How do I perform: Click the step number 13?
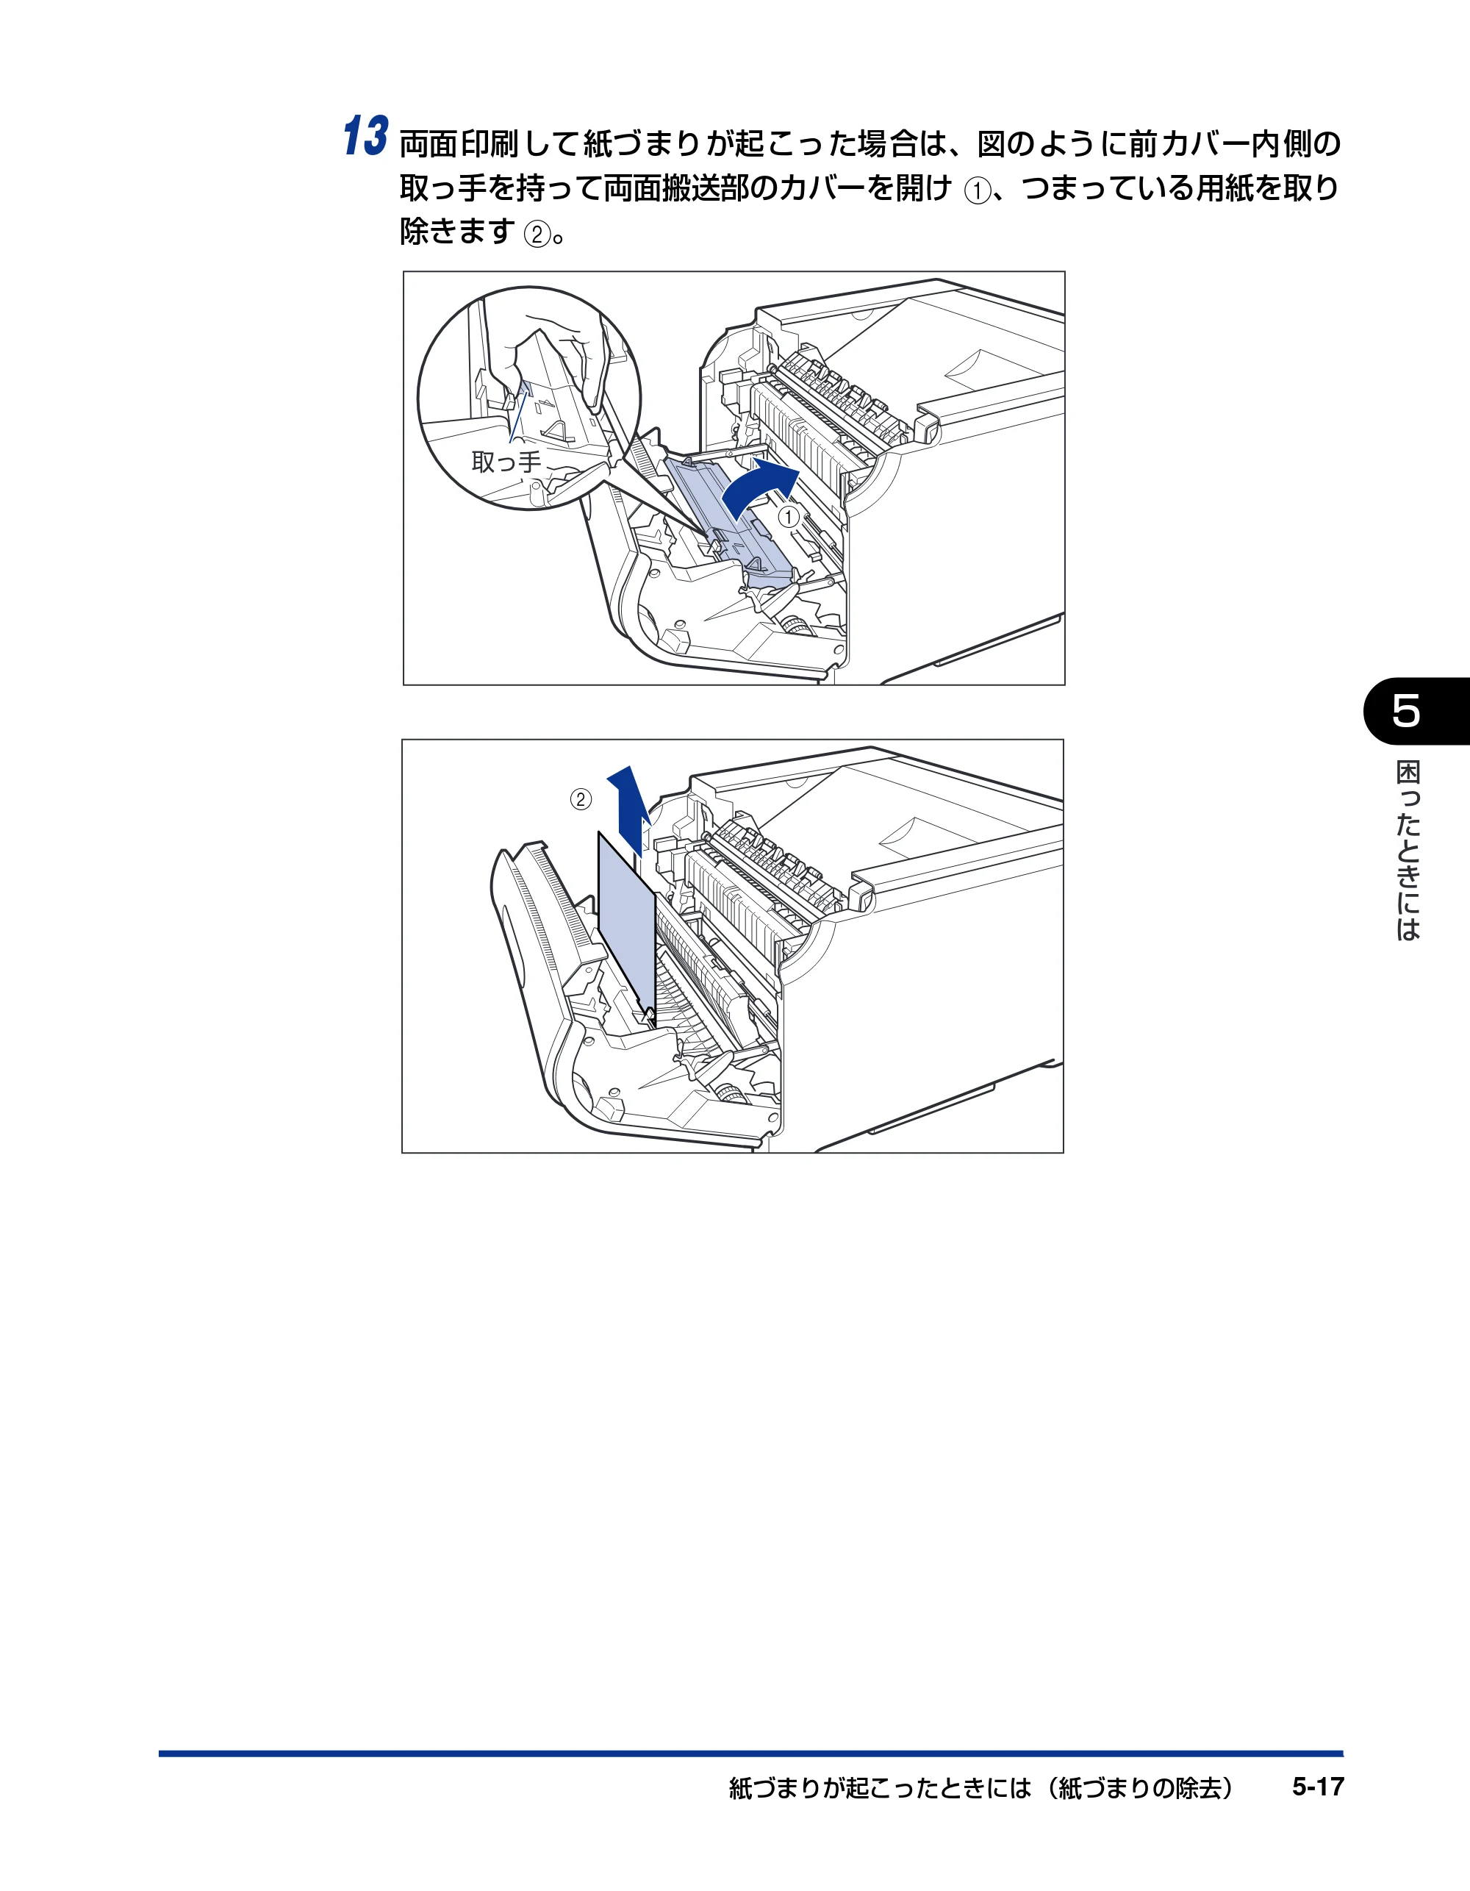coord(365,137)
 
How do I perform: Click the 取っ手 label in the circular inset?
coord(506,462)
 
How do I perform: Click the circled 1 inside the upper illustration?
coord(789,517)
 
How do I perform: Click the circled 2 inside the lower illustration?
coord(581,799)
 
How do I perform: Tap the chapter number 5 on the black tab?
coord(1406,711)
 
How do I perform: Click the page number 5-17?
coord(1318,1787)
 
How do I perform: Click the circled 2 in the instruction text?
coord(537,234)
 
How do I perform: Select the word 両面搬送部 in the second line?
coord(678,188)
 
